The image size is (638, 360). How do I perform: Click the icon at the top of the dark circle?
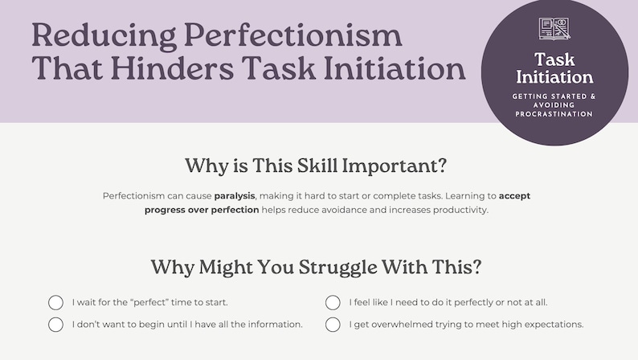pyautogui.click(x=554, y=29)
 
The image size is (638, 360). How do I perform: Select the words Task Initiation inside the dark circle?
pyautogui.click(x=554, y=68)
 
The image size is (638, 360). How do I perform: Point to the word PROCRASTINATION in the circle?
pyautogui.click(x=554, y=114)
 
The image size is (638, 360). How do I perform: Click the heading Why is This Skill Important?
pyautogui.click(x=316, y=166)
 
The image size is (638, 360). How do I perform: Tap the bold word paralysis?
pyautogui.click(x=235, y=195)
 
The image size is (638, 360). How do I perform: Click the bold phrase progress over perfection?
pyautogui.click(x=202, y=210)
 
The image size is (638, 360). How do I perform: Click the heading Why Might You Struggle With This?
pyautogui.click(x=316, y=266)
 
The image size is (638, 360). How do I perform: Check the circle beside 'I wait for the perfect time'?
pyautogui.click(x=56, y=303)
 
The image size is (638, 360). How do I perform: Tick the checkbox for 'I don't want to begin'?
pyautogui.click(x=56, y=325)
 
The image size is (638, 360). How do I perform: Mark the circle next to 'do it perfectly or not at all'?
pyautogui.click(x=333, y=303)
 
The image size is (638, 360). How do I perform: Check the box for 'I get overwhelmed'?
pyautogui.click(x=333, y=325)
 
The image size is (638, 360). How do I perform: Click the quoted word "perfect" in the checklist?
pyautogui.click(x=153, y=303)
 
